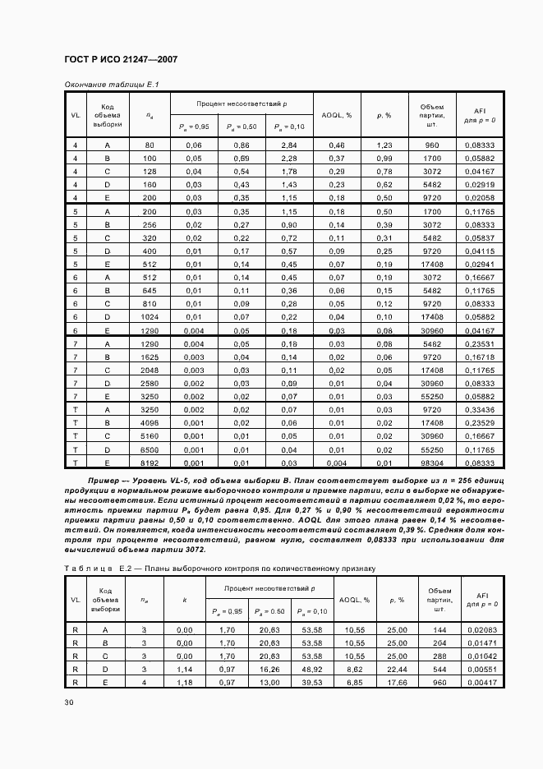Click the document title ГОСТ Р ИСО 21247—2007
pos(121,60)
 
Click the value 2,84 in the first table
pos(288,145)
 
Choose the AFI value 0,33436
pos(478,409)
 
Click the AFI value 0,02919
pos(478,185)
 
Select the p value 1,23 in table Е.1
pos(384,145)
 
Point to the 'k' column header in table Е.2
pos(185,600)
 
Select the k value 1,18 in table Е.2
pos(185,682)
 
